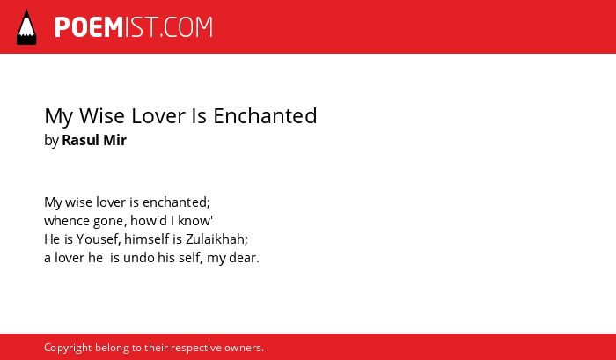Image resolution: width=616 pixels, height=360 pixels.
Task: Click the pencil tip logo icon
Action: click(x=26, y=27)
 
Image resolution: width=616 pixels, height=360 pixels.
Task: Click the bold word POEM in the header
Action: click(x=89, y=27)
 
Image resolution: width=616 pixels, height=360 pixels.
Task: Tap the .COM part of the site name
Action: click(x=187, y=27)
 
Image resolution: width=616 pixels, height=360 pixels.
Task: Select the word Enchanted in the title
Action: click(x=265, y=116)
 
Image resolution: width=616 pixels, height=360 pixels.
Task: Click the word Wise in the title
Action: click(x=102, y=116)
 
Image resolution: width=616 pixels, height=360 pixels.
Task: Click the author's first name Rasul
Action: click(x=81, y=140)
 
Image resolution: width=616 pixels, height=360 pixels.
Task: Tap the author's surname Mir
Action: click(x=115, y=140)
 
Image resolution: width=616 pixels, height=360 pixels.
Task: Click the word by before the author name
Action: click(x=51, y=141)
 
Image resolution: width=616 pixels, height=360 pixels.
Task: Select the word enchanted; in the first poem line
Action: click(x=176, y=202)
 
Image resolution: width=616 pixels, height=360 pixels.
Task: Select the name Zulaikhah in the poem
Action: click(x=216, y=239)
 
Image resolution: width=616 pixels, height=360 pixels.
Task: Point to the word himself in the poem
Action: click(x=147, y=239)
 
